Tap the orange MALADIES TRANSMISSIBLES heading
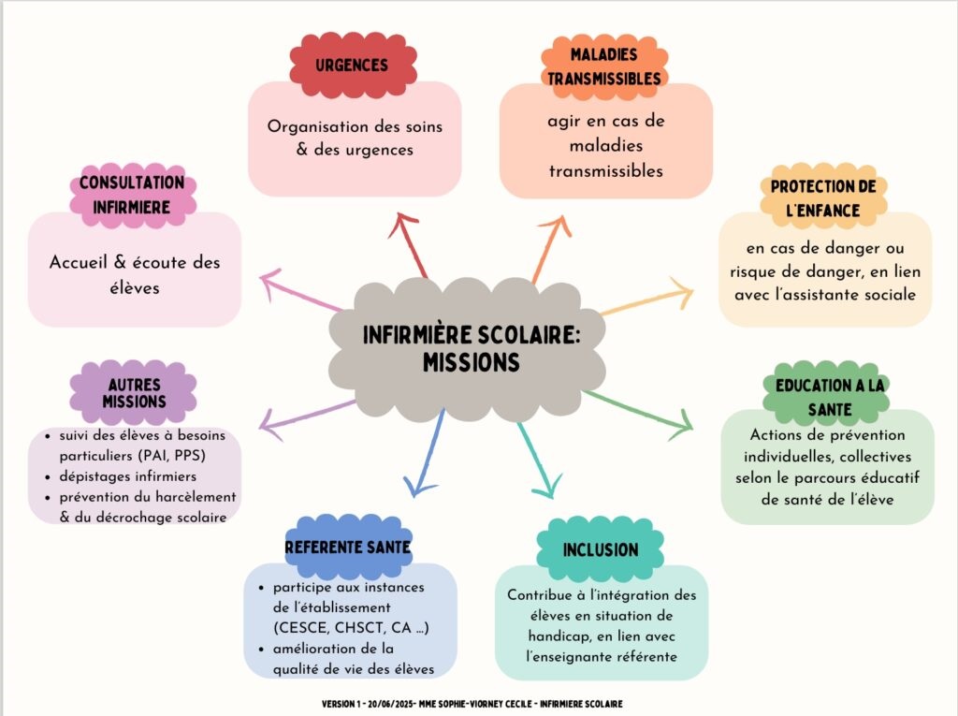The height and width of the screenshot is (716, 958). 604,66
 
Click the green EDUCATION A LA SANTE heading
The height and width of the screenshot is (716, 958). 826,397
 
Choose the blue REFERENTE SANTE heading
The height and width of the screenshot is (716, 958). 348,546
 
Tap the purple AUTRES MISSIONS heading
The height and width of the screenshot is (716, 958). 134,393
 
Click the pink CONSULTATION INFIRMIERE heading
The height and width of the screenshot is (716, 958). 132,195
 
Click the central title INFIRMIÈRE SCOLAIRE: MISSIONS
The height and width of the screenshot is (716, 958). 471,347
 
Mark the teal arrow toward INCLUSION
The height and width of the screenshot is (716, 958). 536,460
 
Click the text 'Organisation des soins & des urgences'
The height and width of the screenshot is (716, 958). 354,138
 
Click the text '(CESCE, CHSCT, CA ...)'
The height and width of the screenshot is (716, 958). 351,627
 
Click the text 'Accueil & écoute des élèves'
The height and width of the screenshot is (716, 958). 135,274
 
